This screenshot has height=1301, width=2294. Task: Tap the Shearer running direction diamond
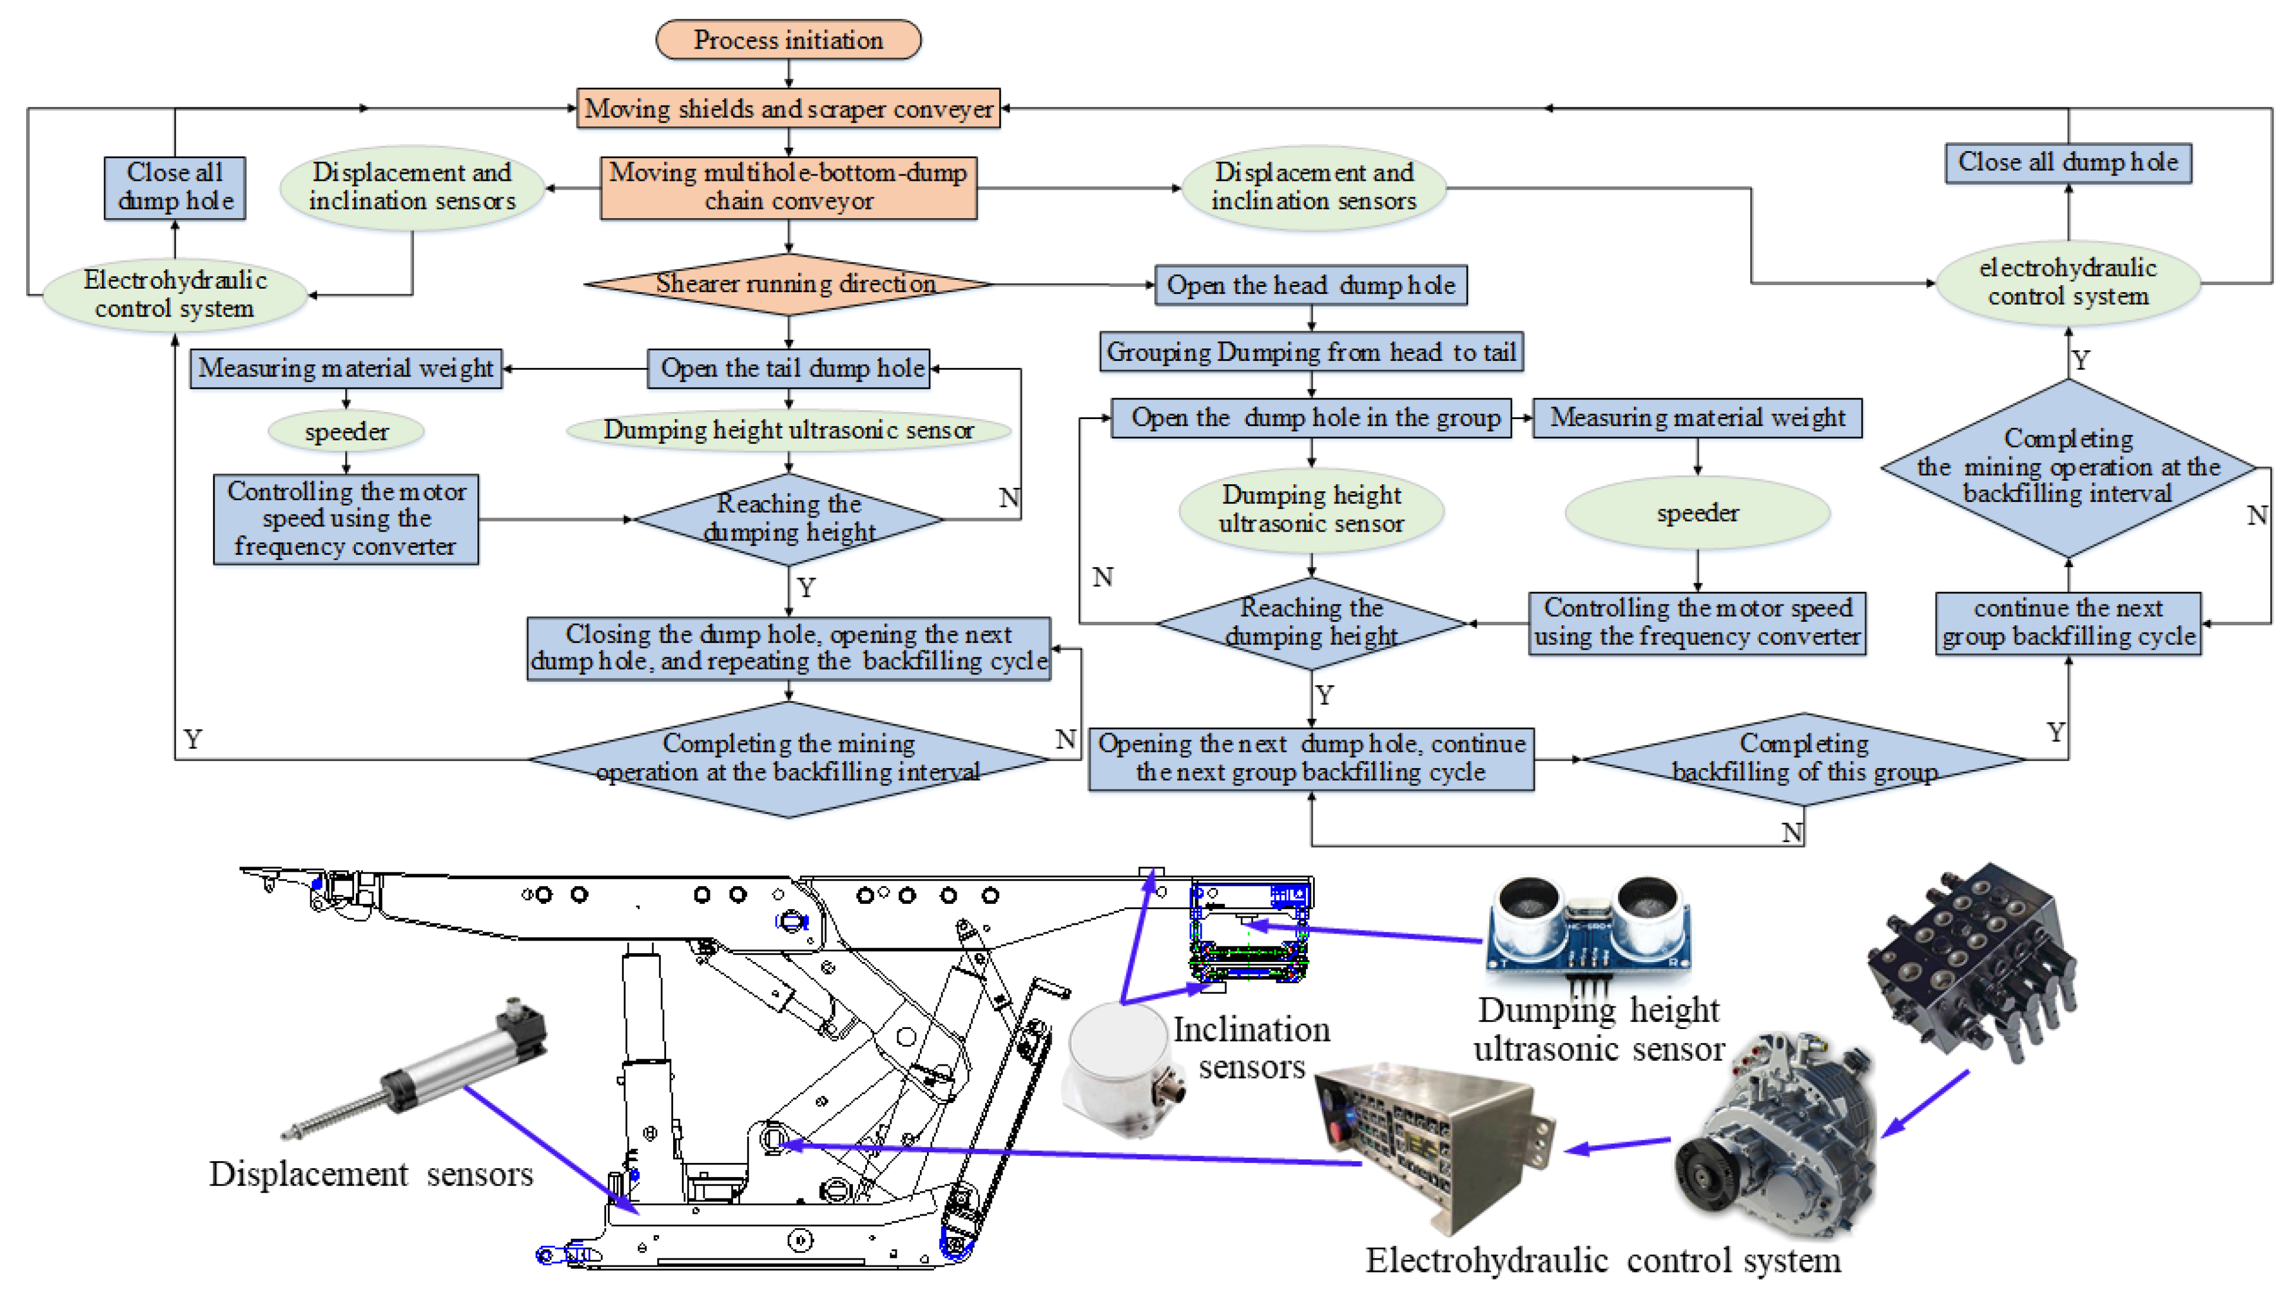tap(789, 284)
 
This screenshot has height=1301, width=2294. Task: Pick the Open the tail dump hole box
tap(789, 368)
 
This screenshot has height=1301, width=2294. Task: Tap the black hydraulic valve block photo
tap(1971, 961)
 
